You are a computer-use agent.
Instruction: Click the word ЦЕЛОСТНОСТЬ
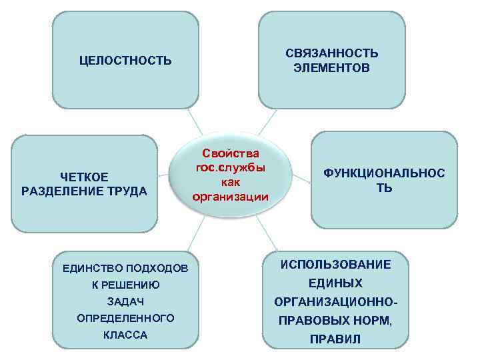[x=125, y=61]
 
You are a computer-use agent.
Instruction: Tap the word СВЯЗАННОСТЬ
[x=332, y=53]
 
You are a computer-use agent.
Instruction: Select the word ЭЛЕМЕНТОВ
[x=332, y=68]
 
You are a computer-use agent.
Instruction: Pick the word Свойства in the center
[x=230, y=154]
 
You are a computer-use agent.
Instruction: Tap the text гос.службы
[x=230, y=168]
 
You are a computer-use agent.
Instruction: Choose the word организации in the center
[x=230, y=196]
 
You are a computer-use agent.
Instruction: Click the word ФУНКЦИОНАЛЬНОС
[x=385, y=173]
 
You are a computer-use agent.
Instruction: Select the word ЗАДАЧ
[x=125, y=302]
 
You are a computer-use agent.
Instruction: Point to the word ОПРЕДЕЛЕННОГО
[x=125, y=318]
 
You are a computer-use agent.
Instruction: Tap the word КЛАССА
[x=125, y=335]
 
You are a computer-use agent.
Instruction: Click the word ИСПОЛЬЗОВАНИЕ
[x=336, y=265]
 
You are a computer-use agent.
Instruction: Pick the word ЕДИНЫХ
[x=336, y=283]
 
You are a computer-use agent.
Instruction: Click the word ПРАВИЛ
[x=336, y=339]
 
